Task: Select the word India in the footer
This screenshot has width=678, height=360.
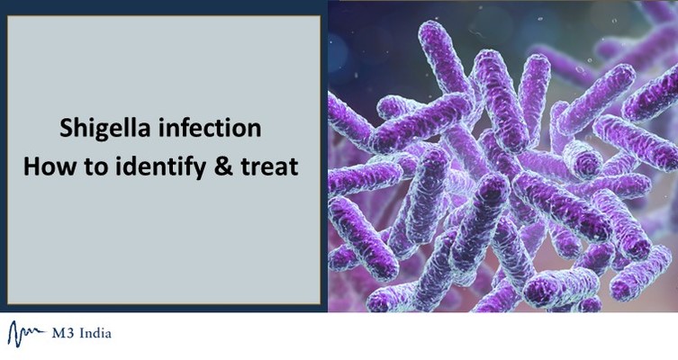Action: pos(95,333)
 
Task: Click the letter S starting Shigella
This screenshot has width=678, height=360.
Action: pos(65,129)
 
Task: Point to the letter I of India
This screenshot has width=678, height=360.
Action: pos(79,333)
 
